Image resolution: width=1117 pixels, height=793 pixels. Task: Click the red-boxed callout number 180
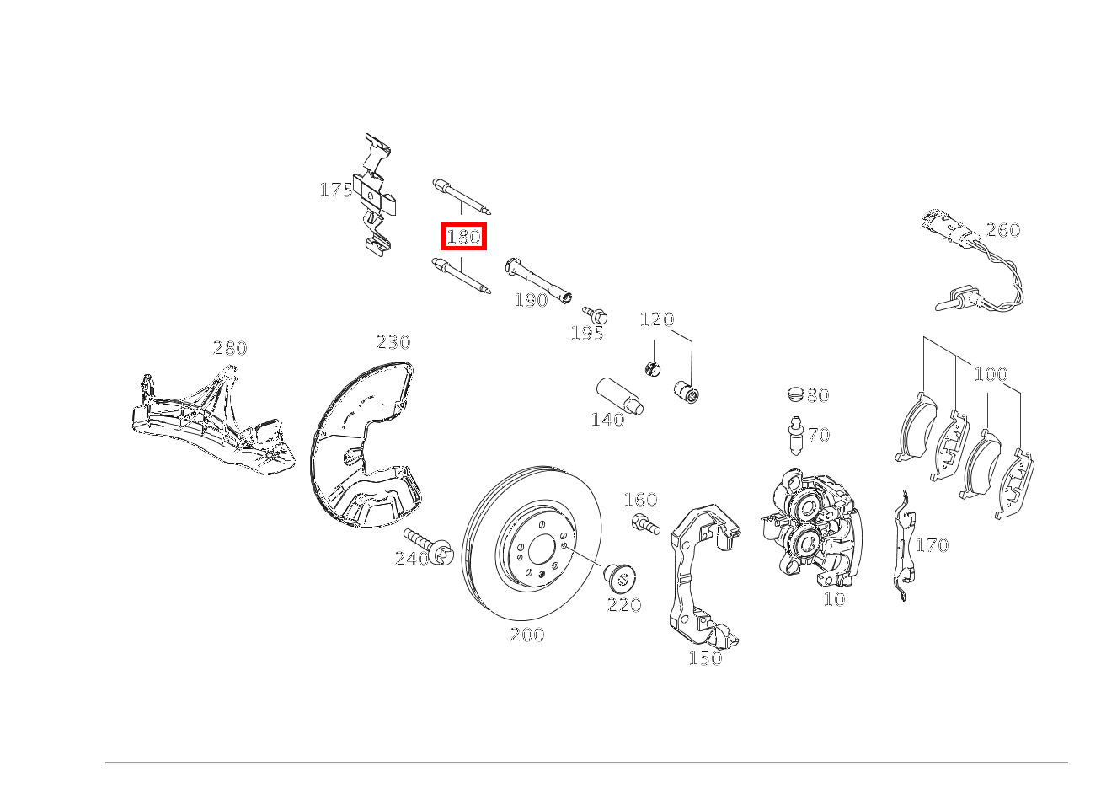(463, 237)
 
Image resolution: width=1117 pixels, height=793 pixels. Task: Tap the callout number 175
(336, 190)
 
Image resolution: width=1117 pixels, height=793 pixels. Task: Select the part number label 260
(1003, 230)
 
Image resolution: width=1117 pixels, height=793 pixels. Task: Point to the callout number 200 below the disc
(527, 635)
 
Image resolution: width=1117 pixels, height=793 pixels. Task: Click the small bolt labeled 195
(595, 315)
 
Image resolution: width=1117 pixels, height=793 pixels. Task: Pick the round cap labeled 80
(796, 394)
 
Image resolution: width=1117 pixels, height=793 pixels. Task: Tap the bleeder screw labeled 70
(795, 436)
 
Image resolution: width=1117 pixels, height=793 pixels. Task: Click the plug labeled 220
(620, 580)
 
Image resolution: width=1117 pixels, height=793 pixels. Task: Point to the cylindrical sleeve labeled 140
(620, 396)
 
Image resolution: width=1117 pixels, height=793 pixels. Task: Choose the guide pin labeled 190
(538, 281)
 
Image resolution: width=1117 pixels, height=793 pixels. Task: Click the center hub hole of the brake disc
(542, 550)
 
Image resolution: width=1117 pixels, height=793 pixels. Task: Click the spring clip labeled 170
(903, 545)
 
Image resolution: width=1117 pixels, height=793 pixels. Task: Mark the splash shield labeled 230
(366, 445)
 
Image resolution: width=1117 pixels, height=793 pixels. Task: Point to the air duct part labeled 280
(213, 421)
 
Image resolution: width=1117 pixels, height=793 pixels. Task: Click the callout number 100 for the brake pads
(991, 374)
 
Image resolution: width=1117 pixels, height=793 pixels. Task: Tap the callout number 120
(657, 319)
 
